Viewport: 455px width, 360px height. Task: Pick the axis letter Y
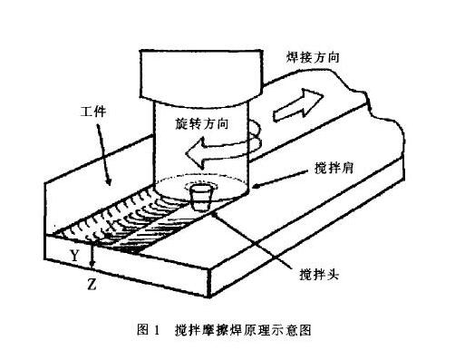[73, 257]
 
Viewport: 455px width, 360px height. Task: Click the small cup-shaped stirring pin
[202, 197]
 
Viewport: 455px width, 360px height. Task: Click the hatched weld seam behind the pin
[136, 227]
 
